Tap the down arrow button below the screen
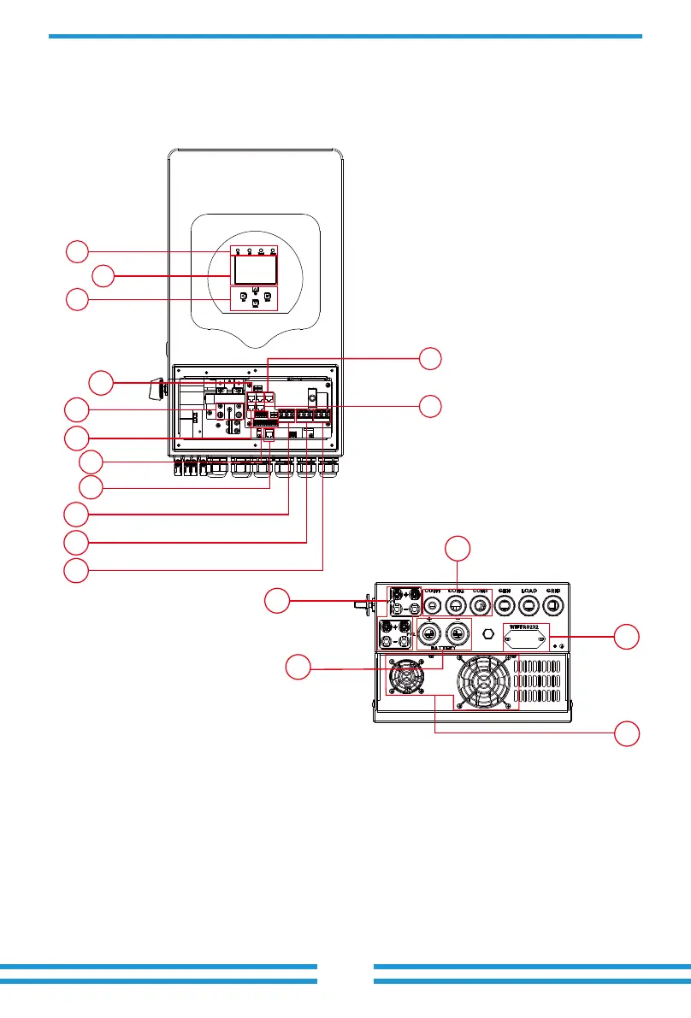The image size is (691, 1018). pyautogui.click(x=255, y=303)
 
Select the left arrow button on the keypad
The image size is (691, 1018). pyautogui.click(x=244, y=297)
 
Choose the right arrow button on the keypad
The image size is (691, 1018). pyautogui.click(x=267, y=297)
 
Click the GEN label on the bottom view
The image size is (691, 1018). pyautogui.click(x=505, y=591)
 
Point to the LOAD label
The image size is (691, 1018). pyautogui.click(x=529, y=591)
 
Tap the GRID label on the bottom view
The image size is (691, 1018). pyautogui.click(x=552, y=591)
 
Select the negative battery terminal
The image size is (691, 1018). pyautogui.click(x=458, y=635)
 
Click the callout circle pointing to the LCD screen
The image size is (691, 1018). pyautogui.click(x=103, y=276)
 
